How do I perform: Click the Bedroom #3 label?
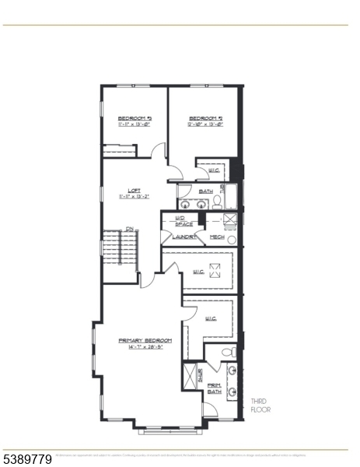128,118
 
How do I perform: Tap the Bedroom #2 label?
205,118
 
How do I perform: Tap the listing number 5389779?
27,460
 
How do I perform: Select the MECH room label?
216,237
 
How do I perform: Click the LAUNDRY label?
183,237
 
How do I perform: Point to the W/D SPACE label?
183,221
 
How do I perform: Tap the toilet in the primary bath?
228,352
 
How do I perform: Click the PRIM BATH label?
214,388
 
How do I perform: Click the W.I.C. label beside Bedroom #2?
212,171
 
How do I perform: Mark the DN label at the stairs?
131,228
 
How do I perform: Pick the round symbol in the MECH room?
231,239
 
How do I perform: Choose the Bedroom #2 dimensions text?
205,125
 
